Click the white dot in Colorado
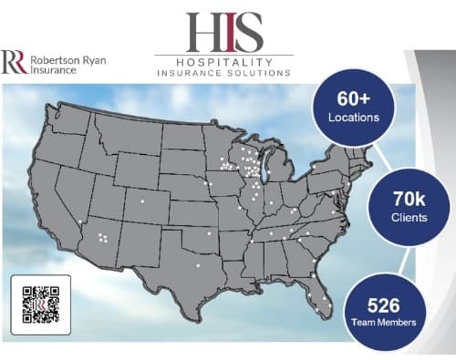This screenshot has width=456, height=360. pos(141,201)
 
